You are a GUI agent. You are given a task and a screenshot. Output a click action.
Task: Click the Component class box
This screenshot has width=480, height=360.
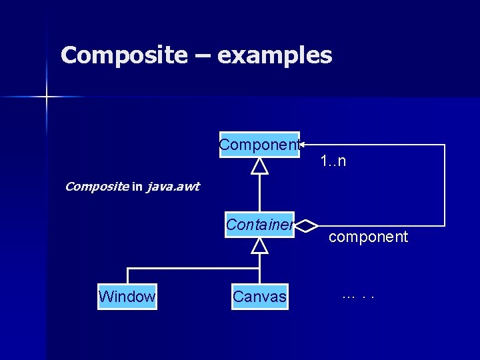tap(259, 145)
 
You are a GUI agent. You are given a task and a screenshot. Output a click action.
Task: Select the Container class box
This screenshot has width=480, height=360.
tap(259, 225)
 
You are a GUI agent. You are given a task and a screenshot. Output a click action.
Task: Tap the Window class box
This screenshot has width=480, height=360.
tap(127, 297)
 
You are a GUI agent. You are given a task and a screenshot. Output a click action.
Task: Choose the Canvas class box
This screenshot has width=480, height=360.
tap(259, 297)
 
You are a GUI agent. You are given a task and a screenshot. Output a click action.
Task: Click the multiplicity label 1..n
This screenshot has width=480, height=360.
tap(333, 161)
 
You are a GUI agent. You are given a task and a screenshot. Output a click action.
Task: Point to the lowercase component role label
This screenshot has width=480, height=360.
tap(368, 237)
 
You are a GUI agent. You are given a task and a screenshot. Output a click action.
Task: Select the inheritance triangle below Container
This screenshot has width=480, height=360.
tap(259, 245)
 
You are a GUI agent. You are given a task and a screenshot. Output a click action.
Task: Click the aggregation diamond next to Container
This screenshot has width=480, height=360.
tap(306, 226)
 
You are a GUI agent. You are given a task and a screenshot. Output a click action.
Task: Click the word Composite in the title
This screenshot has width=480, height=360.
tap(124, 55)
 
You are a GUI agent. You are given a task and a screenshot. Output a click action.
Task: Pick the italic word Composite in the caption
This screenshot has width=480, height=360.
tap(96, 187)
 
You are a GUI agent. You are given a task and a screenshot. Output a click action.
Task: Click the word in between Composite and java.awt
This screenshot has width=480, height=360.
tap(137, 187)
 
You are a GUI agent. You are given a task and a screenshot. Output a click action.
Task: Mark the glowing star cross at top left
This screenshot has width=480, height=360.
tap(47, 97)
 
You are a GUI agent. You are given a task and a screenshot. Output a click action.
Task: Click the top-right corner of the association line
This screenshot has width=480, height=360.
tap(444, 145)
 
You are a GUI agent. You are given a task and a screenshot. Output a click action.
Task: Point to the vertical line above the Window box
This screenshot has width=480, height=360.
tap(127, 277)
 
